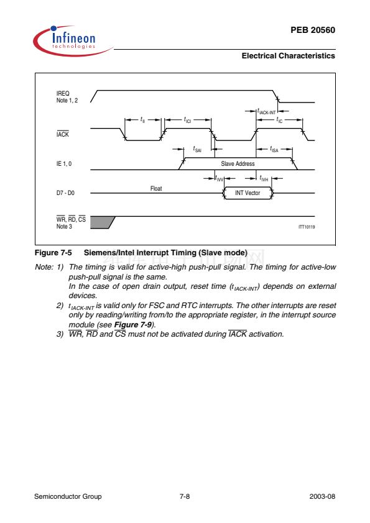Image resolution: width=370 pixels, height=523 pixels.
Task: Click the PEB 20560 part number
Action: pyautogui.click(x=313, y=30)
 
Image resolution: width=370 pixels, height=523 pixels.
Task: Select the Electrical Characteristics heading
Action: pyautogui.click(x=288, y=56)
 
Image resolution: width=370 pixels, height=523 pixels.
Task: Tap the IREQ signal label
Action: pyautogui.click(x=63, y=93)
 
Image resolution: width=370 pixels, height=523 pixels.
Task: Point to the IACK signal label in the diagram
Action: pyautogui.click(x=62, y=134)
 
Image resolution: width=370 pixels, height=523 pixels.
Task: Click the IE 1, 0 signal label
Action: pyautogui.click(x=64, y=163)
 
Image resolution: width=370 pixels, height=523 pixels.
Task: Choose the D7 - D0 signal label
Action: pyautogui.click(x=65, y=193)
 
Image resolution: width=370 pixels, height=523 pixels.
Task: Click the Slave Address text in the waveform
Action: pyautogui.click(x=238, y=163)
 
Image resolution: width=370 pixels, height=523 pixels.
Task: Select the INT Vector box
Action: pyautogui.click(x=247, y=193)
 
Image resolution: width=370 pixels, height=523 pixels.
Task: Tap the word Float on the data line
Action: pyautogui.click(x=156, y=188)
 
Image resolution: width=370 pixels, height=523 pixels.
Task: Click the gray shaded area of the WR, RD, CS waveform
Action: pyautogui.click(x=101, y=222)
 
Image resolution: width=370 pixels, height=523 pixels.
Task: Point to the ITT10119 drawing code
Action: pyautogui.click(x=307, y=227)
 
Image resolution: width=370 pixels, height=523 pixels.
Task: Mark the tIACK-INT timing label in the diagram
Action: pyautogui.click(x=267, y=111)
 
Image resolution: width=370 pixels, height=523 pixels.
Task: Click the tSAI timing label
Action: pyautogui.click(x=197, y=148)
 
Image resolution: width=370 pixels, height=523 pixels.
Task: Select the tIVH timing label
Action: pyautogui.click(x=264, y=178)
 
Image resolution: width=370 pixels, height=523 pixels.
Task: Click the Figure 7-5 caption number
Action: pyautogui.click(x=53, y=253)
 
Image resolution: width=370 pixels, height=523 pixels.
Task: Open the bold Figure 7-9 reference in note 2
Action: pyautogui.click(x=133, y=324)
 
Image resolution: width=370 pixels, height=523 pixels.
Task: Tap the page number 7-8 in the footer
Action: pyautogui.click(x=185, y=496)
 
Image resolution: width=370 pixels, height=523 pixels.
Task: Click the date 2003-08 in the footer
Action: pyautogui.click(x=322, y=496)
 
